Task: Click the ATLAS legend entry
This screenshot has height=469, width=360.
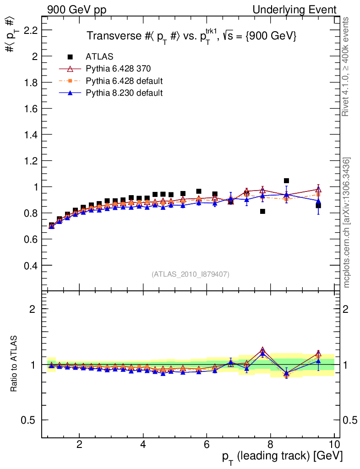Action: (99, 57)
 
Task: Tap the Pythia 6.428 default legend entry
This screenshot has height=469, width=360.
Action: (124, 81)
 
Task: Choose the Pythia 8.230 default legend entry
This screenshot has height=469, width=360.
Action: (124, 93)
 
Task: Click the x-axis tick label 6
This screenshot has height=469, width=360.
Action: (207, 444)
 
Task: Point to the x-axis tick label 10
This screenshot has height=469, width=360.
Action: (334, 444)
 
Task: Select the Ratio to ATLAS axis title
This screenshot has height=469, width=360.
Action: (14, 364)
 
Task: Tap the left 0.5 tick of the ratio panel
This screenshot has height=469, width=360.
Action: (29, 420)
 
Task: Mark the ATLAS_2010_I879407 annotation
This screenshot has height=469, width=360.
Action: (191, 274)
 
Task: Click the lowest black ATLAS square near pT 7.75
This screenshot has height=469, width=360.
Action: (262, 212)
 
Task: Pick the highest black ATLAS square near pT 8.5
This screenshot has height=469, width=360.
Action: (286, 181)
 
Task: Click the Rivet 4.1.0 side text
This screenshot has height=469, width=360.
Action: (346, 66)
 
